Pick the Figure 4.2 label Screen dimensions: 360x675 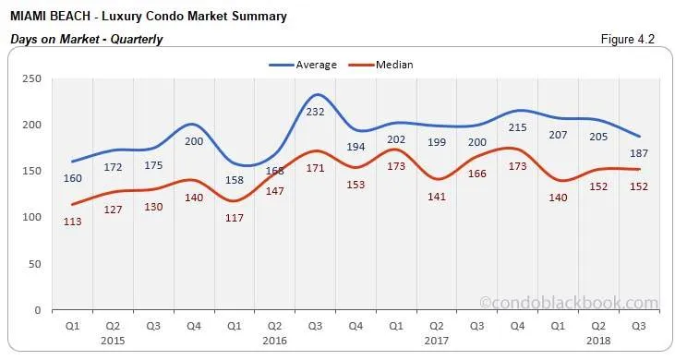point(633,39)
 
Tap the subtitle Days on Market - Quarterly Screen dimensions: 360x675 point(86,39)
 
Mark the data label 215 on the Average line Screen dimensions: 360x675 point(519,127)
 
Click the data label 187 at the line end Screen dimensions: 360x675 point(639,153)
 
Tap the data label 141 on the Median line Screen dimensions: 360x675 point(438,195)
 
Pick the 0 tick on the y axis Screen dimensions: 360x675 point(38,310)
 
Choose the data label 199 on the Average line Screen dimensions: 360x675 point(438,142)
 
